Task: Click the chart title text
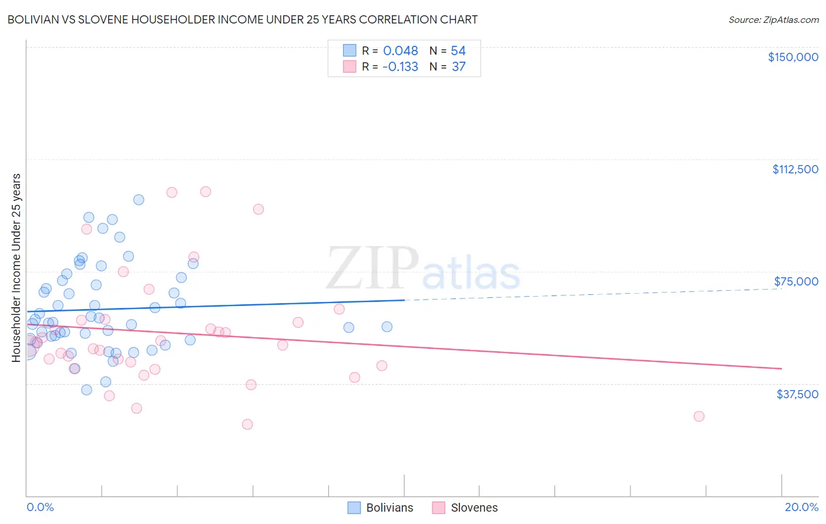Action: (241, 19)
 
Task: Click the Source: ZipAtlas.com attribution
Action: (773, 19)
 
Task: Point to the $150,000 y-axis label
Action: (793, 57)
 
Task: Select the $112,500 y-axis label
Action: (795, 169)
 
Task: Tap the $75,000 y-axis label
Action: (795, 281)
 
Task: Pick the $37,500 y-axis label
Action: (797, 394)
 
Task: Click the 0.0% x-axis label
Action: (40, 507)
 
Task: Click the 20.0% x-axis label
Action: (801, 507)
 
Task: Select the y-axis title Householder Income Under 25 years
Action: (16, 268)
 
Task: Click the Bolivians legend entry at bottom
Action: (381, 508)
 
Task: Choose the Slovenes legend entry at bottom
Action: (465, 508)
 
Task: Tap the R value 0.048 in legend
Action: (400, 51)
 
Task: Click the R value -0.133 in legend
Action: (399, 67)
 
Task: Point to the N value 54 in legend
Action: (458, 51)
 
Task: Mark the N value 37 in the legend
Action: (458, 67)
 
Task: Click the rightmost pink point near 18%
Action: (699, 416)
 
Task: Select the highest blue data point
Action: (139, 200)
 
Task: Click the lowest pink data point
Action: (247, 424)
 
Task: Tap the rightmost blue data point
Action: (387, 327)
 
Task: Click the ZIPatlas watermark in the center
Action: (423, 269)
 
